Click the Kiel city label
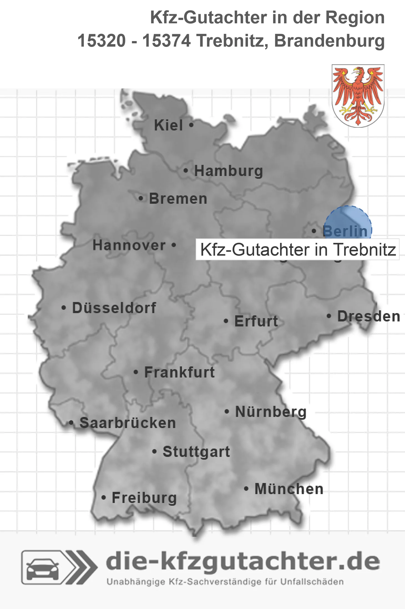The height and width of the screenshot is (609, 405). [x=168, y=125]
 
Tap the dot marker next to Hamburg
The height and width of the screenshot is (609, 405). [x=186, y=171]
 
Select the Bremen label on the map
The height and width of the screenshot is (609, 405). [x=178, y=199]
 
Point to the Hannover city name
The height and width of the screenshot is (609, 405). [x=129, y=245]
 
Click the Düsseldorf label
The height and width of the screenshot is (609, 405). [x=114, y=308]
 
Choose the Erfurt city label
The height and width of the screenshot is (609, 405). [x=256, y=321]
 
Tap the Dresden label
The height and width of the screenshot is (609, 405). [x=369, y=316]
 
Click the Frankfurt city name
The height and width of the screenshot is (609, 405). [x=179, y=372]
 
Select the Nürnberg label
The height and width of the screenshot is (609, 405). [x=271, y=412]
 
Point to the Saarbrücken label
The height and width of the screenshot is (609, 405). [x=128, y=423]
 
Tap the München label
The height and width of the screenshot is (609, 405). [x=289, y=489]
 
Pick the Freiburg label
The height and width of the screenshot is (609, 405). [x=144, y=498]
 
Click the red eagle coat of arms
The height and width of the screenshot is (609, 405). [x=358, y=96]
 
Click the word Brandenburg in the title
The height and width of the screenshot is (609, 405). [x=329, y=41]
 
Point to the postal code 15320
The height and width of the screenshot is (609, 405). [x=102, y=41]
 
